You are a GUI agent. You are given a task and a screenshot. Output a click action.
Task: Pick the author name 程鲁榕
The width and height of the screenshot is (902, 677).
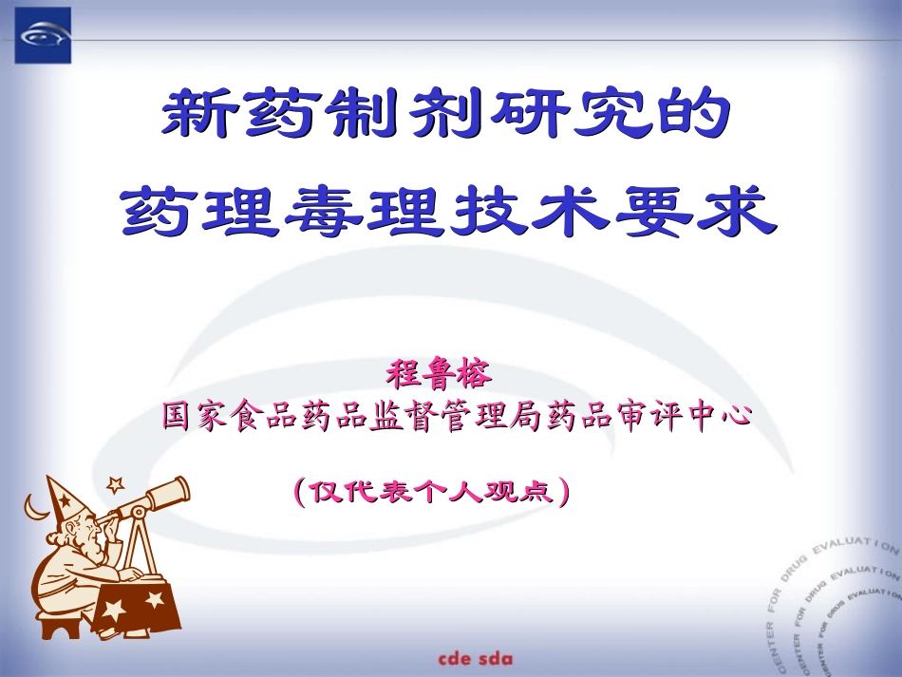(x=439, y=373)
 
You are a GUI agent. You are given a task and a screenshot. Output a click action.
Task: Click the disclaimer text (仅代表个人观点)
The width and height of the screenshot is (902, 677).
(x=432, y=491)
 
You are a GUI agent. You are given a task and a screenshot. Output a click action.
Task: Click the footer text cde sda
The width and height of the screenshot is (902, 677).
(x=476, y=657)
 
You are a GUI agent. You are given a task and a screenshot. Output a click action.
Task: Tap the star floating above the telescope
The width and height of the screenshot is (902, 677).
(x=116, y=484)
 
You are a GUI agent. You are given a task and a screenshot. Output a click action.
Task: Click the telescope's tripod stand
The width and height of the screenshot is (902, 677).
(x=142, y=545)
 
